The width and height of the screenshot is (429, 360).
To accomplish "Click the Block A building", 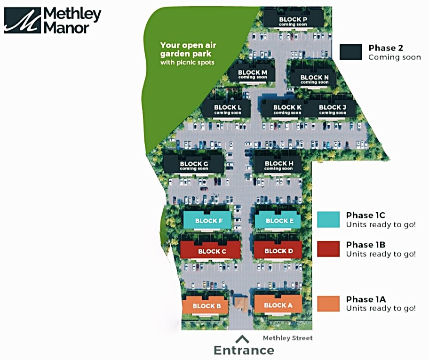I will (278, 305).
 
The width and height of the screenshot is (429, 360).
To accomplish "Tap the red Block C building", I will (212, 250).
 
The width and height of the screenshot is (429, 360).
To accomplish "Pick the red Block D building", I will (278, 250).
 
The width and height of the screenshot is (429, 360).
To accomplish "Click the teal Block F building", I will (206, 220).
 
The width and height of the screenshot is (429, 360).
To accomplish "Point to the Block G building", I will (194, 165).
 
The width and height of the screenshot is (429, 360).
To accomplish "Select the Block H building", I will (278, 165).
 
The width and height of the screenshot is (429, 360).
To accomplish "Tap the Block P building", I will (293, 20).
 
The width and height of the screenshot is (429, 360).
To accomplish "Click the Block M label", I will (252, 72).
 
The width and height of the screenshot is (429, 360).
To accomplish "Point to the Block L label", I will (228, 107).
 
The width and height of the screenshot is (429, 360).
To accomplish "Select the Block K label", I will (287, 107).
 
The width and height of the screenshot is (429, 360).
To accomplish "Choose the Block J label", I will (332, 107).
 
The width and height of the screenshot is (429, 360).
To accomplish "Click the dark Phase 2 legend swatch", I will (350, 52).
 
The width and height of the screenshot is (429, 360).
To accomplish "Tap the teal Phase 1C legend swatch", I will (328, 219).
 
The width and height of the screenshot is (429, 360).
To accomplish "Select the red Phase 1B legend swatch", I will (328, 248).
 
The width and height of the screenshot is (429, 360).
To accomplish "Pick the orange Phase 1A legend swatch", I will (328, 303).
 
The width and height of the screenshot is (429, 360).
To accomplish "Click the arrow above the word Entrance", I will (243, 338).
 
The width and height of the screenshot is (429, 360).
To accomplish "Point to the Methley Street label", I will (287, 338).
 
